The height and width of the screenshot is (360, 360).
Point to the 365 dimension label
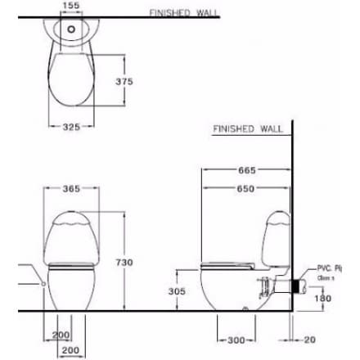coord(72,189)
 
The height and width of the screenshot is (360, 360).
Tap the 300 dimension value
coord(236,338)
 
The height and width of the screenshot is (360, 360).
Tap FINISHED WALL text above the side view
coord(246,129)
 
